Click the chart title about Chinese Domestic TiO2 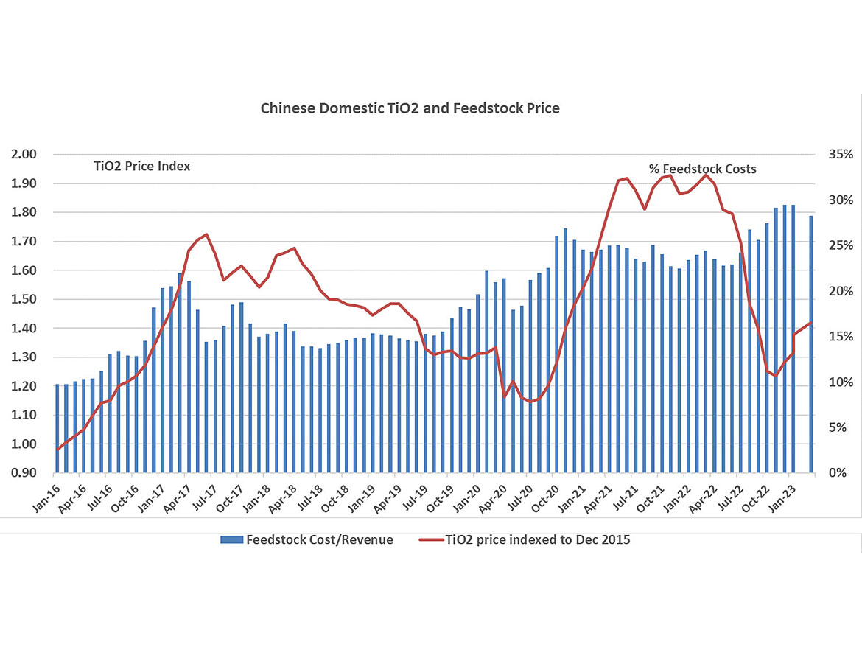pyautogui.click(x=410, y=108)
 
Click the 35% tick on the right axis pyautogui.click(x=840, y=154)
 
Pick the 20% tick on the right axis pyautogui.click(x=840, y=291)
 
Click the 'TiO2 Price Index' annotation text pyautogui.click(x=141, y=167)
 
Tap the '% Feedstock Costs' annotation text pyautogui.click(x=702, y=169)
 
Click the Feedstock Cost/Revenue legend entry pyautogui.click(x=319, y=539)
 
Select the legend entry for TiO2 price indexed pyautogui.click(x=537, y=539)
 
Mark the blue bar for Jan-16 pyautogui.click(x=57, y=428)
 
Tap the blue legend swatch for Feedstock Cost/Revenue pyautogui.click(x=231, y=540)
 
